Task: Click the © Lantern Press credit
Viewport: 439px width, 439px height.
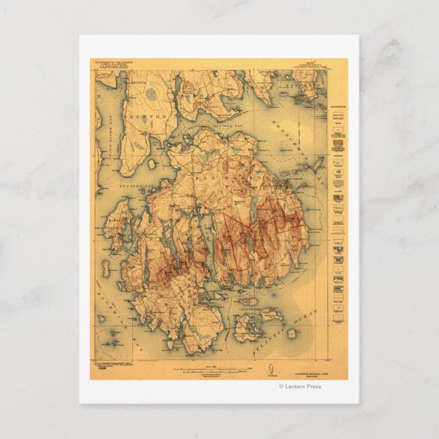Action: click(x=300, y=387)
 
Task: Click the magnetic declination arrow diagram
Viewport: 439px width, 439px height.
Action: click(x=270, y=370)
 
